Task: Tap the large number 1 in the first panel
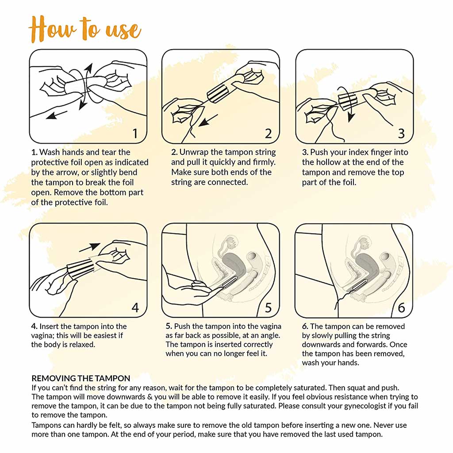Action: click(135, 133)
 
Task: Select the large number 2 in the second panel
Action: click(268, 133)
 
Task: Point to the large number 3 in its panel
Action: click(401, 133)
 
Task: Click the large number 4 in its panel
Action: click(135, 307)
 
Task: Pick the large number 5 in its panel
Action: click(268, 307)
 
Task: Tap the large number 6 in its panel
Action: click(401, 307)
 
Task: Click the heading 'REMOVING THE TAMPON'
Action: click(81, 378)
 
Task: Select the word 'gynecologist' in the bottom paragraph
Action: click(365, 406)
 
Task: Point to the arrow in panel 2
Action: click(207, 119)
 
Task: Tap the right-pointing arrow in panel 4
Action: click(92, 246)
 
